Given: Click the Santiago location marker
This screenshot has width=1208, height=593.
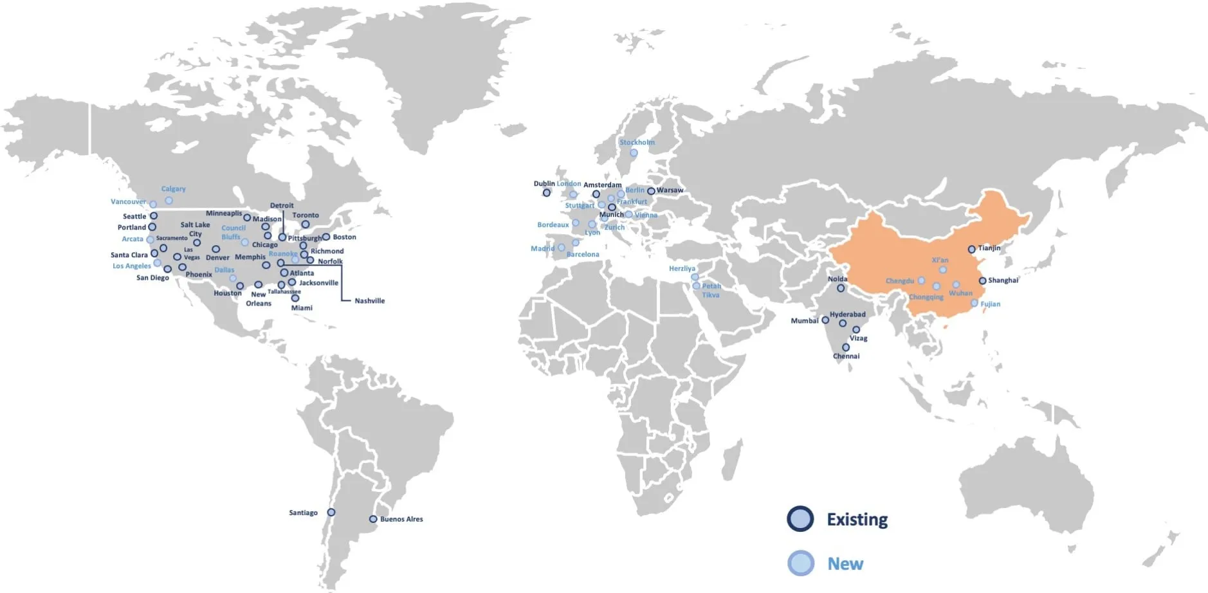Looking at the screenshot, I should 331,513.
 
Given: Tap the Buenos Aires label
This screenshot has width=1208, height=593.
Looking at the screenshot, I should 401,519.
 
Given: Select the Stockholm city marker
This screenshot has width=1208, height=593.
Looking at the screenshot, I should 634,153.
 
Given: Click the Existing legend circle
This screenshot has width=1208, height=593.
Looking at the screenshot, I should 800,519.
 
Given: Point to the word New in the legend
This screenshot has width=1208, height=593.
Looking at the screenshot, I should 845,564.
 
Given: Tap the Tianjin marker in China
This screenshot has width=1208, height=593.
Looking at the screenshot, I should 971,249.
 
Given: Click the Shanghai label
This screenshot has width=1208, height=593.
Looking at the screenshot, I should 1003,280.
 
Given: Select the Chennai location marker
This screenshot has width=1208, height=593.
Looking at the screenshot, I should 846,347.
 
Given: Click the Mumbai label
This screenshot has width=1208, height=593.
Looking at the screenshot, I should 805,320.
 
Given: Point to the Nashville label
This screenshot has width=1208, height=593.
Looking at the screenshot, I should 370,300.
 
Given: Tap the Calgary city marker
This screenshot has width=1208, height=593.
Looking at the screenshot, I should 169,200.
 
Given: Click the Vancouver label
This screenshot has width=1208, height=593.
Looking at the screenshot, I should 128,202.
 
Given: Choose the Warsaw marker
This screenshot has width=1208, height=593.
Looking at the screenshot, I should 651,191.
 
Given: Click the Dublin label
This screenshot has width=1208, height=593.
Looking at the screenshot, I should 544,183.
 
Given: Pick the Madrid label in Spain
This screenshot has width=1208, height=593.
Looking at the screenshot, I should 542,248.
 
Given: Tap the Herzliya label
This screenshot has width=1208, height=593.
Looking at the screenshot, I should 682,269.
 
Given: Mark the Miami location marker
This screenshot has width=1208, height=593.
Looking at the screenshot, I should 295,298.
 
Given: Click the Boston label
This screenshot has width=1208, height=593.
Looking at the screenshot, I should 344,237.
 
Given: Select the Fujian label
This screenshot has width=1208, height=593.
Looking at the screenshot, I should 990,304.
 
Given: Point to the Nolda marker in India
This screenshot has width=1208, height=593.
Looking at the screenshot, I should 841,289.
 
